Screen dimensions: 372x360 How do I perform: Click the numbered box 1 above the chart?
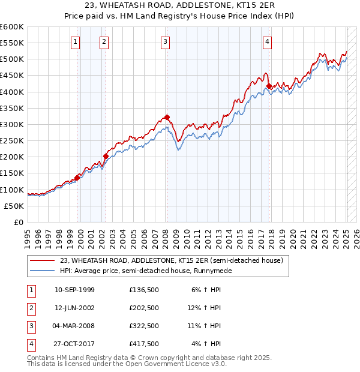76,41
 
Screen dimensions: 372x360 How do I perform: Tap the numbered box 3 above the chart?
165,41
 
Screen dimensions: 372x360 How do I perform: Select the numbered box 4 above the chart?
267,41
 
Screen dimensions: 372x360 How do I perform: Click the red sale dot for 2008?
166,118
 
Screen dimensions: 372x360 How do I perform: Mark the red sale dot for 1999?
77,178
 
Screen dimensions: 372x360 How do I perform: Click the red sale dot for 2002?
106,156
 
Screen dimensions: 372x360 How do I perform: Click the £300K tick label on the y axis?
11,124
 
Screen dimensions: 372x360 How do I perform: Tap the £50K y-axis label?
14,206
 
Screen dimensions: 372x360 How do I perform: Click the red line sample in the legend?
42,260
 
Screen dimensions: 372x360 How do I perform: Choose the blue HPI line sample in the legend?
42,271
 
